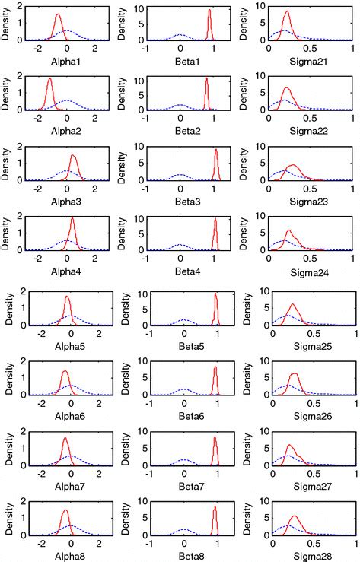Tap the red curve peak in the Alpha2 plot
pyautogui.click(x=49, y=79)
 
